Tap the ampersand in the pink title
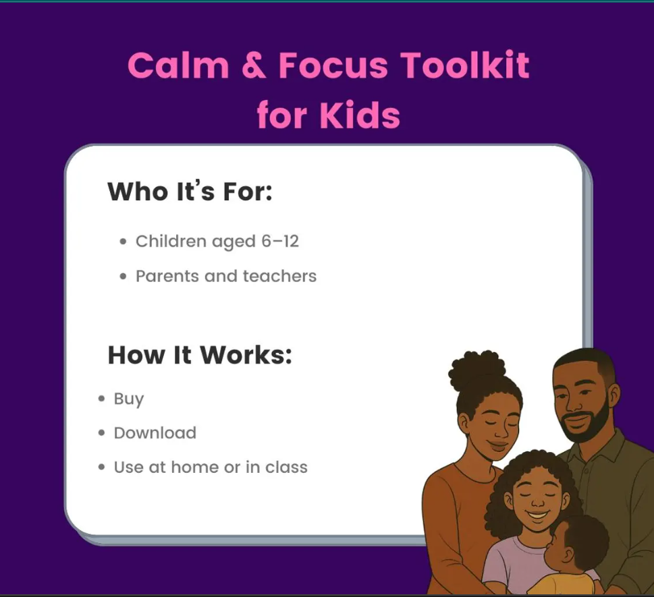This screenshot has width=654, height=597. click(254, 65)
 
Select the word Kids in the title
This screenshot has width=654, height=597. click(360, 115)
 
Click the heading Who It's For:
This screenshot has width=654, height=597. click(190, 192)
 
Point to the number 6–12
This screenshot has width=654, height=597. click(280, 241)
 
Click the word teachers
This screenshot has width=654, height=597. click(279, 276)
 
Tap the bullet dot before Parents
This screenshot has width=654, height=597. click(123, 277)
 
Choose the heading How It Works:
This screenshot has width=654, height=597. click(200, 355)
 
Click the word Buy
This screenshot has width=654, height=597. click(128, 399)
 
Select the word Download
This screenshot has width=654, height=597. click(155, 433)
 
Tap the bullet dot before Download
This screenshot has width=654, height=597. click(101, 433)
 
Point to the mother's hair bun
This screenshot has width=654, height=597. click(476, 370)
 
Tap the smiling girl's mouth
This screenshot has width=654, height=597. click(537, 515)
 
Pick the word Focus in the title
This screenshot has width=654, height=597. click(333, 65)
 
